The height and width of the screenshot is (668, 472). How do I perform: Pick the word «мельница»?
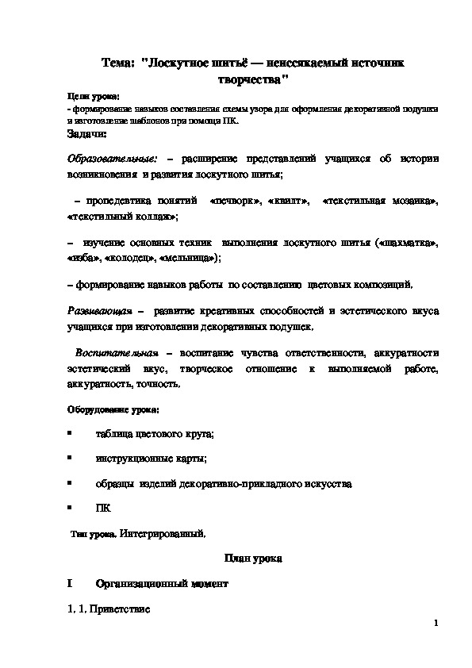(187, 259)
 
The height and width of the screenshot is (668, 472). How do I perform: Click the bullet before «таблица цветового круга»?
(70, 433)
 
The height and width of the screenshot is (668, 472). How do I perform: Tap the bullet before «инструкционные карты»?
(70, 458)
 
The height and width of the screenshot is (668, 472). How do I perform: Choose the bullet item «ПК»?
(103, 507)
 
